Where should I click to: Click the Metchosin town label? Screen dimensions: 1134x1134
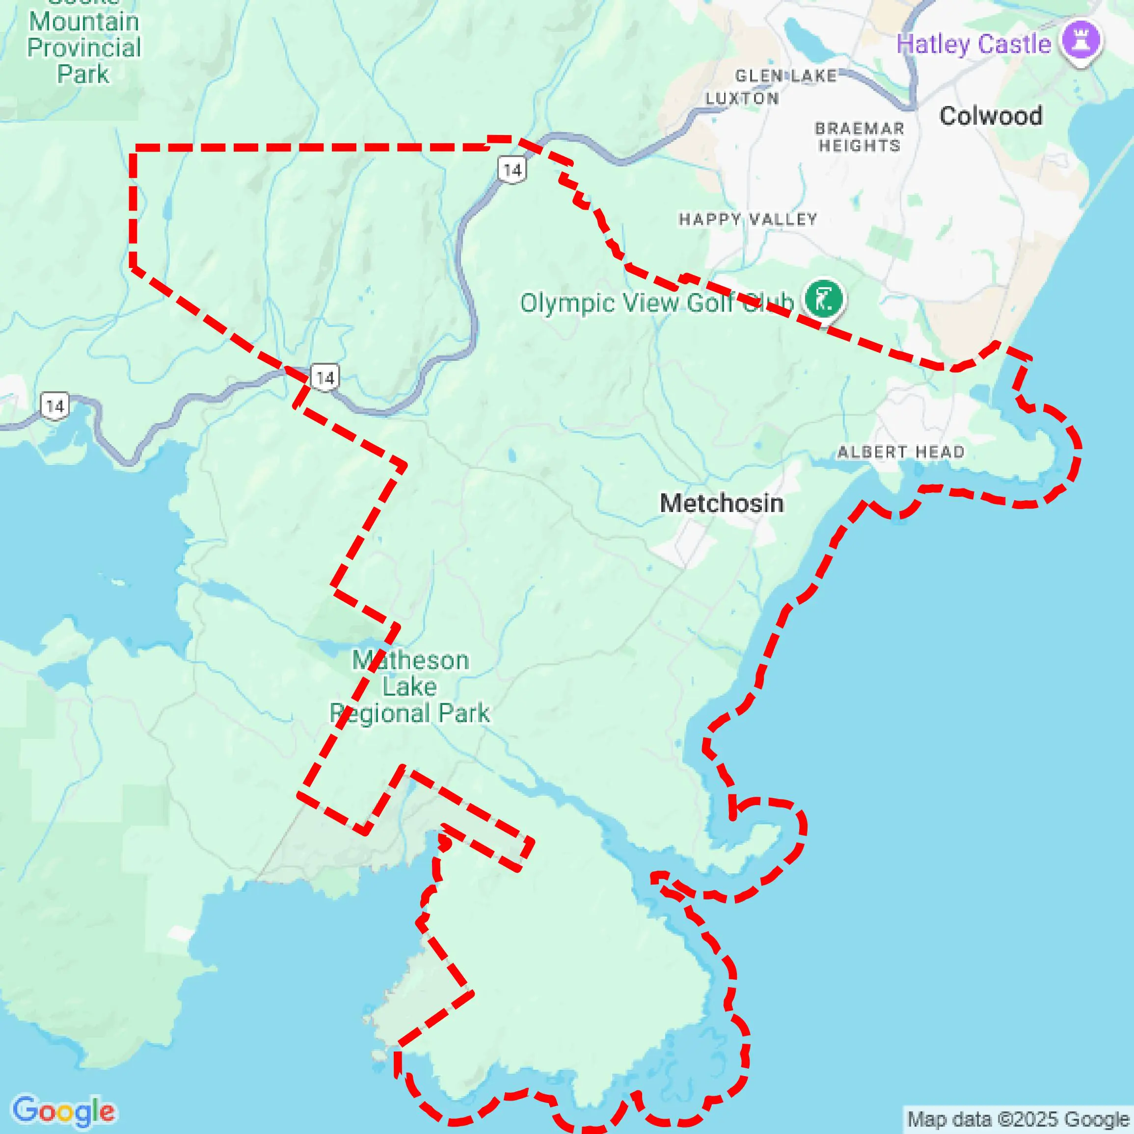721,504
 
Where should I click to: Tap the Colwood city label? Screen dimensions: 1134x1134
991,116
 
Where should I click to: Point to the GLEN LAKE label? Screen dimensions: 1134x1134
786,76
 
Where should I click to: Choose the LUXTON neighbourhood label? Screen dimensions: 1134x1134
742,99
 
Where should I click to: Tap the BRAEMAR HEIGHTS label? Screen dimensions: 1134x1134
859,137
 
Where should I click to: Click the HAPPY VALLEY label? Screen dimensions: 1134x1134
748,219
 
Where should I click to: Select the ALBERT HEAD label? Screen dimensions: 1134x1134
901,452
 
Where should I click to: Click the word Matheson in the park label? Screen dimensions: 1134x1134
410,661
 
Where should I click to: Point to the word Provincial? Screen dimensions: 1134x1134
84,48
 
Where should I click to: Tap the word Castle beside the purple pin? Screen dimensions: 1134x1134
1014,44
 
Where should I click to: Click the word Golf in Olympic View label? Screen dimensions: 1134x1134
710,303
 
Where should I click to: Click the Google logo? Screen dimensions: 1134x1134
63,1110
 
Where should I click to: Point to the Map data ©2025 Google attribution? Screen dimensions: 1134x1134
1018,1119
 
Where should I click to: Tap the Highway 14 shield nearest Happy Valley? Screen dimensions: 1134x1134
513,170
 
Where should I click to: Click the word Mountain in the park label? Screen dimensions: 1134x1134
84,22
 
